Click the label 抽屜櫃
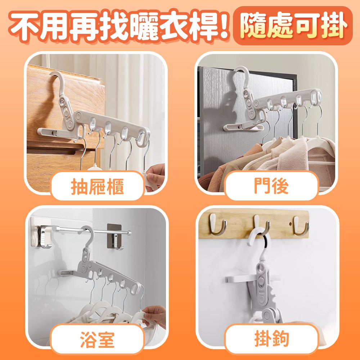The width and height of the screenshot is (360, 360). [97, 186]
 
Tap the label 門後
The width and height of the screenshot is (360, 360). [271, 186]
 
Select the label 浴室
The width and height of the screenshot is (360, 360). [97, 339]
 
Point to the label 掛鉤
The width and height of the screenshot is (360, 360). [271, 339]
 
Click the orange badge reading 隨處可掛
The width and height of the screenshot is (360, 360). [293, 26]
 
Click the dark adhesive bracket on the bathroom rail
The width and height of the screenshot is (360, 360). [114, 237]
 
